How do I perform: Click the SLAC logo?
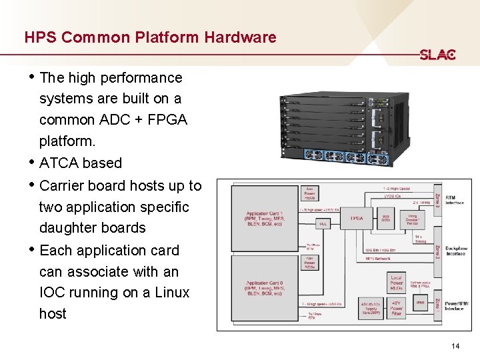click(437, 55)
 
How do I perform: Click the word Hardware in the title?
click(240, 37)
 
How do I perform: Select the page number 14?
click(456, 345)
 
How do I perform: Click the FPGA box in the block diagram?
click(357, 218)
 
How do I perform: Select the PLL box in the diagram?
click(323, 224)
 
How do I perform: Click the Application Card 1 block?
click(265, 218)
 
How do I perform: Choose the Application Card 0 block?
click(265, 288)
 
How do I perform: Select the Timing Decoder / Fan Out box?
click(411, 218)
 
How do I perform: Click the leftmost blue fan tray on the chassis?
click(313, 155)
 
